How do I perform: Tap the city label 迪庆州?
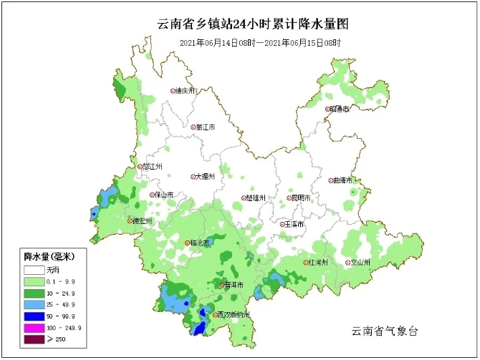pos(186,91)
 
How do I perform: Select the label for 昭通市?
pos(340,109)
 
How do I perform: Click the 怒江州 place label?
pos(153,166)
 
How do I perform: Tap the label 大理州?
pos(206,177)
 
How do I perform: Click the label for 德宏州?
pos(143,221)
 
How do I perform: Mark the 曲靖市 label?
pos(342,181)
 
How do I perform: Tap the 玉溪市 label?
pos(294,224)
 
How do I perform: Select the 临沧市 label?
pos(201,243)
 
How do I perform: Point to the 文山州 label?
pos(359,263)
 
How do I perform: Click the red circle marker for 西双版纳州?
pos(214,315)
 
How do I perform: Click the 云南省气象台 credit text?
pos(384,331)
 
